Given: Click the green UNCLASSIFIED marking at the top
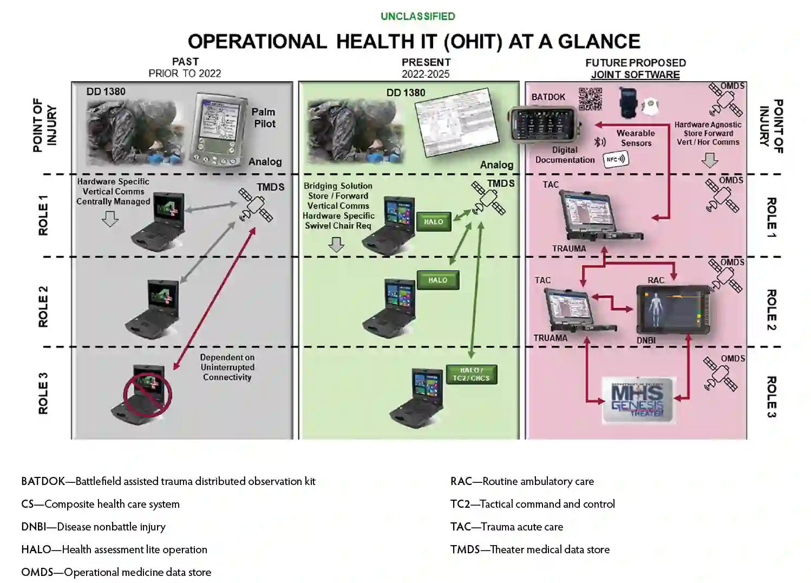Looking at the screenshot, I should [417, 16].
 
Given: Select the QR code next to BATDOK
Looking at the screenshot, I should [590, 99].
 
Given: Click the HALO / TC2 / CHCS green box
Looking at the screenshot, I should [471, 375].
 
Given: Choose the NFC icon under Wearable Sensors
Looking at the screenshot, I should [616, 159].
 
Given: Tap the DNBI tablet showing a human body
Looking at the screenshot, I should [672, 310].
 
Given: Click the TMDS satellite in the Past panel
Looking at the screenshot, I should [256, 205].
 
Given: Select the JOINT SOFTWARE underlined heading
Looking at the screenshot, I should [635, 75].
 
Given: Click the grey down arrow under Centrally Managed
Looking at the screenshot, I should [110, 219].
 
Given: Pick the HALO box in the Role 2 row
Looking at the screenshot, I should [437, 280].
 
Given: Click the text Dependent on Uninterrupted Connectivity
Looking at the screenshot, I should [227, 367].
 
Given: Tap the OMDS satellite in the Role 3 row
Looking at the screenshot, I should [720, 374].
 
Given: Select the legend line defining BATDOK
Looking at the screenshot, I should [168, 481].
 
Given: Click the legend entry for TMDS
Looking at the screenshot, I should [529, 549].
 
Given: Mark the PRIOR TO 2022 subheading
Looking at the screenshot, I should [185, 74].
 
